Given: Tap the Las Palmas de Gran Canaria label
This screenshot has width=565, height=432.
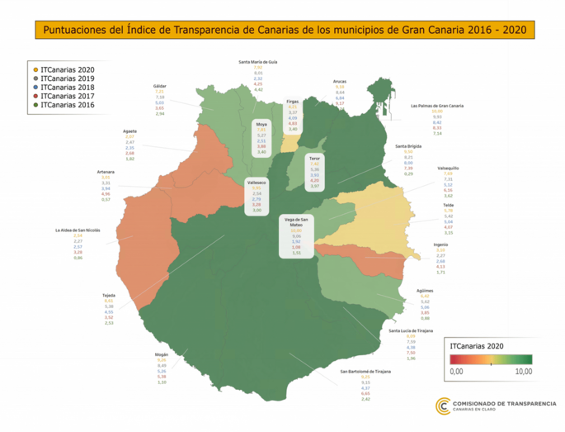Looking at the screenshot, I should (x=437, y=106).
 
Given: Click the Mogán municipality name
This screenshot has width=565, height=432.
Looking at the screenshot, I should (x=162, y=354).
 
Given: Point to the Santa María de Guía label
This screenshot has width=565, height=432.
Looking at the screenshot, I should (x=257, y=62).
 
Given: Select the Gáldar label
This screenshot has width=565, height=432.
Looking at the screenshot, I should (x=160, y=86).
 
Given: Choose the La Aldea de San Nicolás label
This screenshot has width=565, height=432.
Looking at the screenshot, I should (x=78, y=230).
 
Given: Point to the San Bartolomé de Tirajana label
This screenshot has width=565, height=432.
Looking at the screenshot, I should (x=365, y=372).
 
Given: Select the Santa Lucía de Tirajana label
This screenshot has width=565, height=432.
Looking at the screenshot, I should (x=411, y=330).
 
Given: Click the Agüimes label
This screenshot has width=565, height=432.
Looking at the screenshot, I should (x=425, y=290).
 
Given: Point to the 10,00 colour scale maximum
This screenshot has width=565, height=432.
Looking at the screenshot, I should (x=522, y=372).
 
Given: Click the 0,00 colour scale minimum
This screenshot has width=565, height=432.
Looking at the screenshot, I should (x=455, y=372).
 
